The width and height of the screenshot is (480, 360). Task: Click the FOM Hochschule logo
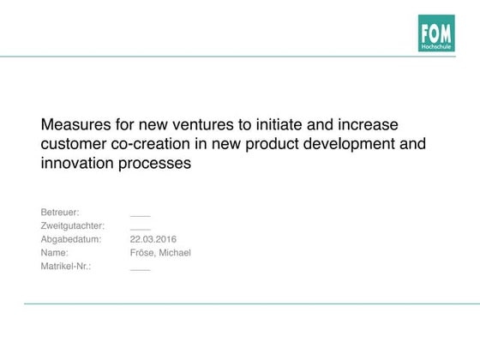coord(436,33)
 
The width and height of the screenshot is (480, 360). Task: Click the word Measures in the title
coord(76,124)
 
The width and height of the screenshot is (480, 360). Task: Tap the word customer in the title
coord(74,144)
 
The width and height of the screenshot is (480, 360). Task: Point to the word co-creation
coord(150,144)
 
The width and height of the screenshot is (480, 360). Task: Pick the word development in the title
coord(349,144)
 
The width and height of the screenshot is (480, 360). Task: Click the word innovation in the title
coord(77,163)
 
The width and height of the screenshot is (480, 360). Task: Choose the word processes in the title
coord(154,164)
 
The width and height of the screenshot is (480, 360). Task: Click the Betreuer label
coord(60,213)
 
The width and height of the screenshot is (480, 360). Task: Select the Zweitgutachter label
coord(73,226)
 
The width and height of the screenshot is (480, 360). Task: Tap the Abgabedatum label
coord(71,239)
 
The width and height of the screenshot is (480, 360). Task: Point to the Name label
coord(55,253)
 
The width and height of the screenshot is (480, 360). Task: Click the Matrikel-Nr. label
coord(66,266)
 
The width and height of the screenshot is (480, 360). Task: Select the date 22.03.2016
coord(153,239)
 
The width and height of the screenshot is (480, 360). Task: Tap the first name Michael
coord(175,253)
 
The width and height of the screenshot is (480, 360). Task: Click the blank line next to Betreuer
coord(141,216)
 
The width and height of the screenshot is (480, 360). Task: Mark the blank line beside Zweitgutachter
coord(141,230)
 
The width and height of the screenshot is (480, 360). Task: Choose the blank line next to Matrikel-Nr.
coord(141,270)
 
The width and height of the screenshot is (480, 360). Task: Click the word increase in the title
coord(368,124)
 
